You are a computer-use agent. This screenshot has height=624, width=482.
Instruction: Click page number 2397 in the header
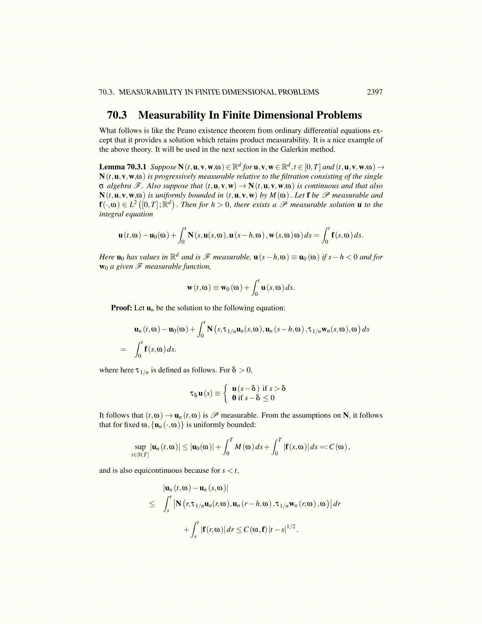(x=374, y=92)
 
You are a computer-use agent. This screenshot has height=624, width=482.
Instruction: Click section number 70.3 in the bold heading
(x=117, y=115)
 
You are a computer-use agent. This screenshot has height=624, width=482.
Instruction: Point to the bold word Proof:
(x=121, y=308)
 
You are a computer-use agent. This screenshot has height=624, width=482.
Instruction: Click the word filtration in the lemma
(x=291, y=176)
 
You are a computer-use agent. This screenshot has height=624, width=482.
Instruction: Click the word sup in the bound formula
(x=140, y=447)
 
